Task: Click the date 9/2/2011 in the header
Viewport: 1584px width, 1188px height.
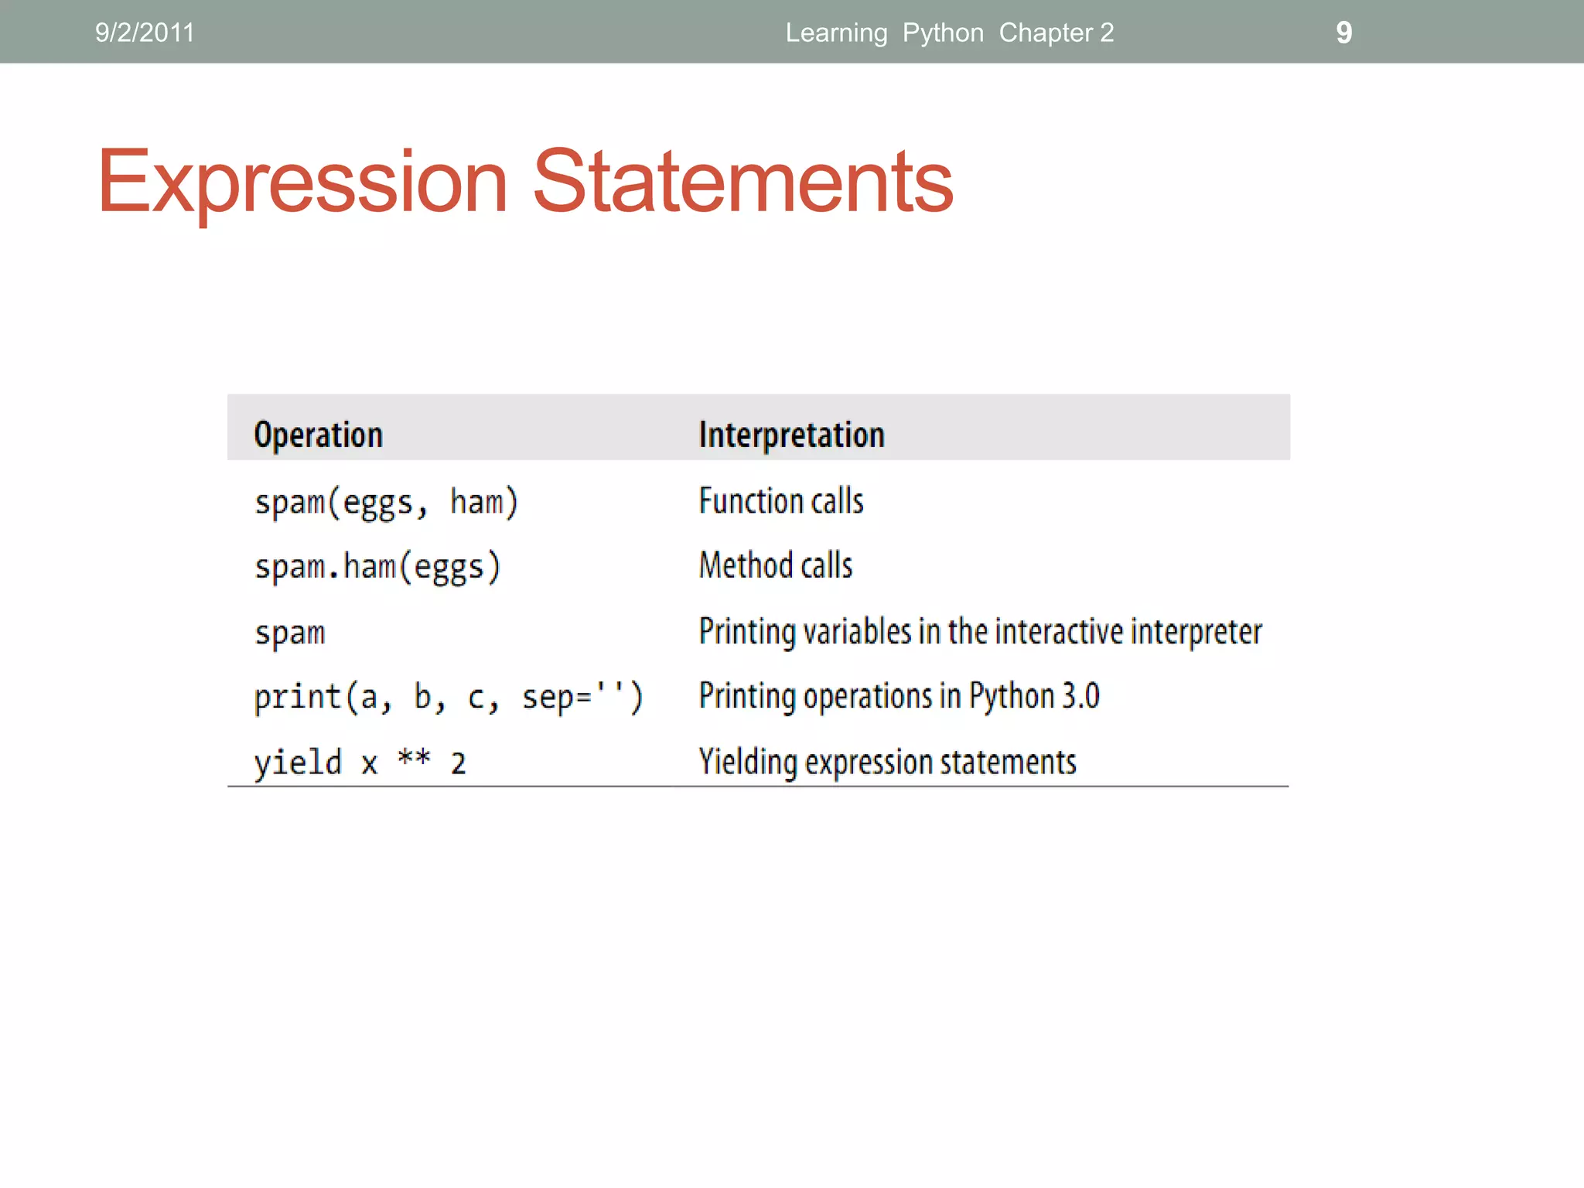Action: tap(145, 32)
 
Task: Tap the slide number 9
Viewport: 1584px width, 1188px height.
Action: tap(1343, 32)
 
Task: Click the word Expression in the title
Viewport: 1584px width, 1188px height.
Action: tap(302, 182)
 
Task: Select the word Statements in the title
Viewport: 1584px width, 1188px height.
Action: tap(742, 182)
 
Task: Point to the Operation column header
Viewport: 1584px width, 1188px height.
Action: tap(318, 435)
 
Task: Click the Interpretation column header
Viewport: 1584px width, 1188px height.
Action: tap(791, 435)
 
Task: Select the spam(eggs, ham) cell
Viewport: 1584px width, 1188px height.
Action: tap(386, 503)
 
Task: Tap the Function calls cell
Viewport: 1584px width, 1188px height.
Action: tap(780, 501)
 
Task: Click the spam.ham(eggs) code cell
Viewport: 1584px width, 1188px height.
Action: tap(377, 567)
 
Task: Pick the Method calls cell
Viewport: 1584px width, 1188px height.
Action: tap(775, 565)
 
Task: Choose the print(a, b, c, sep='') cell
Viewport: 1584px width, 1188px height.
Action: tap(448, 698)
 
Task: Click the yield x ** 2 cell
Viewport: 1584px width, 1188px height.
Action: tap(360, 763)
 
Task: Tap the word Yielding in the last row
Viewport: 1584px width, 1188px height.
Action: tap(748, 762)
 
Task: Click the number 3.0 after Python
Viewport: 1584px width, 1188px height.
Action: tap(1080, 696)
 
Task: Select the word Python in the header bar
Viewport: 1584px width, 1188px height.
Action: tap(943, 32)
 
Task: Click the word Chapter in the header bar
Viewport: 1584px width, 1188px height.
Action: tap(1045, 32)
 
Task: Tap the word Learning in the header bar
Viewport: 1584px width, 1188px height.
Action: tap(836, 32)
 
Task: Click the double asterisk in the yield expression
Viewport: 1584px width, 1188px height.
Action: tap(414, 758)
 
